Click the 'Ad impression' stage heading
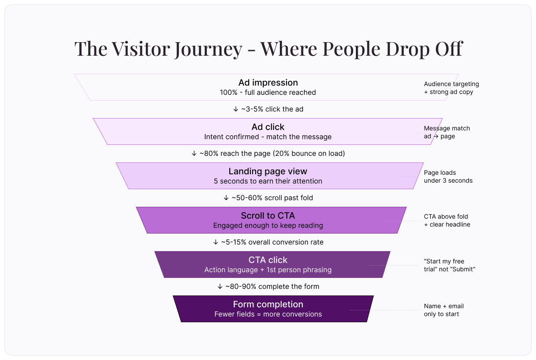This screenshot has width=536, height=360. (x=268, y=83)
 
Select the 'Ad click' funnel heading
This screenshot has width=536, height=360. (x=268, y=127)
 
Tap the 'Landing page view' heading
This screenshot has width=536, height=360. (x=268, y=171)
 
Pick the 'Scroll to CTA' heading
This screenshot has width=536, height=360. (x=268, y=216)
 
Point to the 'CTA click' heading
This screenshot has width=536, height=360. (x=268, y=260)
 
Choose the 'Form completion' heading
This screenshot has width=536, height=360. (x=268, y=304)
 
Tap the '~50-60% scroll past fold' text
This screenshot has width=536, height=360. (x=272, y=198)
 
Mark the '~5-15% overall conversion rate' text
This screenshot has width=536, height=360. (x=272, y=242)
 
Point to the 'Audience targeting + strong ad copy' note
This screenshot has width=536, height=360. (x=451, y=88)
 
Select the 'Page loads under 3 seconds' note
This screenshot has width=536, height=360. (x=448, y=176)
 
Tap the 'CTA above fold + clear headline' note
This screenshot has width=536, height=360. (x=447, y=220)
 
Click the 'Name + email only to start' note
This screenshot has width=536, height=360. (x=444, y=310)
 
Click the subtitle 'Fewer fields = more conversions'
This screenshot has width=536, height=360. (x=268, y=314)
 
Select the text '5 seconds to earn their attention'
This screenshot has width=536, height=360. (x=268, y=181)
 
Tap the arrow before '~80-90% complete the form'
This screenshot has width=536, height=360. (x=220, y=287)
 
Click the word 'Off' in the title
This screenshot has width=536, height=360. (x=448, y=48)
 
